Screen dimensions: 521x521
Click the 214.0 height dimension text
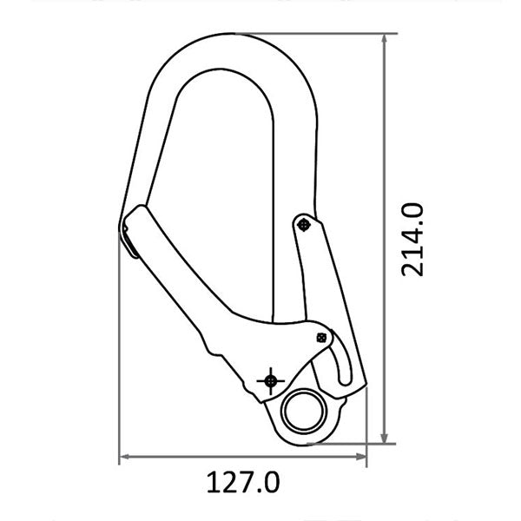(x=412, y=238)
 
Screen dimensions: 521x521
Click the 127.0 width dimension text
(x=243, y=479)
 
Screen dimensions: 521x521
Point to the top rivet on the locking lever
(x=302, y=225)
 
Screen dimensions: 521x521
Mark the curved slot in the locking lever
(x=340, y=365)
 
